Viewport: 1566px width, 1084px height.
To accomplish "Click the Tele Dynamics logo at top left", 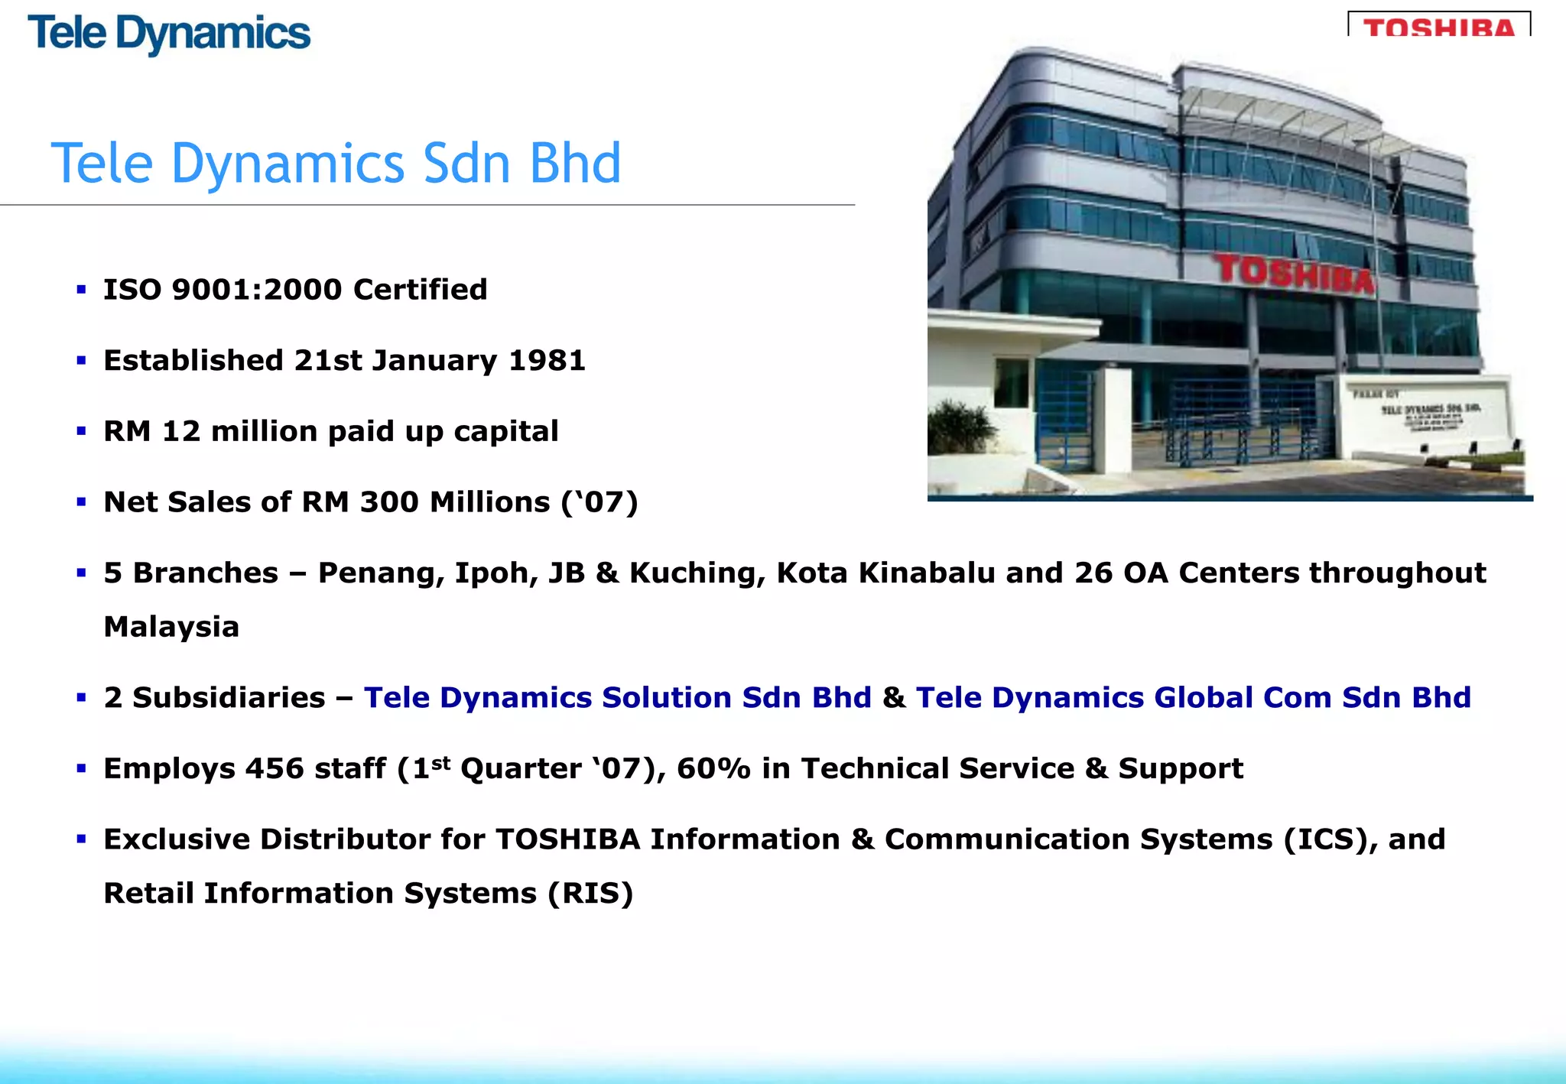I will click(169, 34).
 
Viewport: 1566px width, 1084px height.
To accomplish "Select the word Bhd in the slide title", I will click(575, 164).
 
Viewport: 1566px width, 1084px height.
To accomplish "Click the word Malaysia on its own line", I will click(171, 627).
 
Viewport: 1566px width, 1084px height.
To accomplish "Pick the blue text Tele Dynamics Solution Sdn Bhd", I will click(617, 697).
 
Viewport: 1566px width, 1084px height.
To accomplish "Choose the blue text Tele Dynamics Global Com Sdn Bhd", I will click(1193, 697).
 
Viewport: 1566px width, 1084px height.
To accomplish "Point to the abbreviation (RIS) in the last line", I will click(590, 893).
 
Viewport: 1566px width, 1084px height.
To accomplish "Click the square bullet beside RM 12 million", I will click(81, 431).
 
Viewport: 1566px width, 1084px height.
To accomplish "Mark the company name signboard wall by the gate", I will click(1422, 417).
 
